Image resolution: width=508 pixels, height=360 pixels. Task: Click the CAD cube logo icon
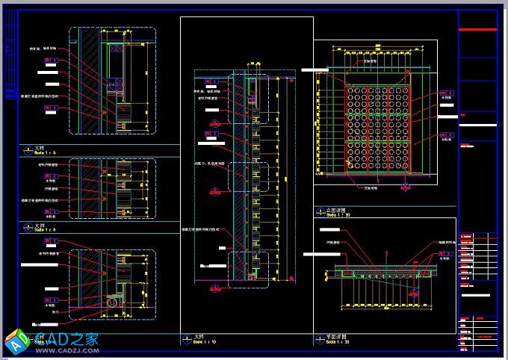point(16,341)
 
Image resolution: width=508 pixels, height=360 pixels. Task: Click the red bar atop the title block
point(477,29)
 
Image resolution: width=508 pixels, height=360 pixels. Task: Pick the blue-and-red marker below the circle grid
point(406,184)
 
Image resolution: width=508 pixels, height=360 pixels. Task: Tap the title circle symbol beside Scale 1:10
point(187,339)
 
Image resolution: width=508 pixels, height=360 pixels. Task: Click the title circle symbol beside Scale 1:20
point(320,339)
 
